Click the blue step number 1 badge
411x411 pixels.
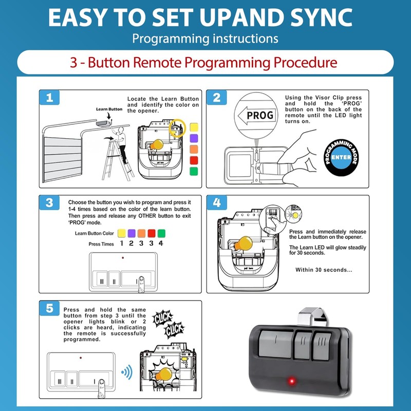pyautogui.click(x=49, y=98)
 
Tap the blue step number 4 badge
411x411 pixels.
pyautogui.click(x=217, y=202)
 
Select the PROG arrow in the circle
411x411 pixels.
pyautogui.click(x=257, y=115)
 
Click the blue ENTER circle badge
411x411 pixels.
pyautogui.click(x=341, y=157)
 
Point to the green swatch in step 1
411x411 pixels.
pyautogui.click(x=194, y=171)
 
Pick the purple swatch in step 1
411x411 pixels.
pyautogui.click(x=194, y=138)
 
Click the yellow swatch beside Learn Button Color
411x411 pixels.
pyautogui.click(x=122, y=233)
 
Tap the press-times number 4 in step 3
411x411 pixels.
pyautogui.click(x=161, y=243)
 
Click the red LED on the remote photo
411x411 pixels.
pyautogui.click(x=291, y=381)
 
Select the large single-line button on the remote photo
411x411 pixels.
pyautogui.click(x=276, y=344)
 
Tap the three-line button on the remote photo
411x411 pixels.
pyautogui.click(x=322, y=345)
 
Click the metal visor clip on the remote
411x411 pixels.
pyautogui.click(x=313, y=317)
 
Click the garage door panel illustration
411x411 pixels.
pyautogui.click(x=62, y=159)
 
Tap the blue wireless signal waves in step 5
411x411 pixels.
pyautogui.click(x=127, y=372)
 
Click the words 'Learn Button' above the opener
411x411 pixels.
pyautogui.click(x=109, y=109)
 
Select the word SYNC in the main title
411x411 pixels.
pyautogui.click(x=322, y=17)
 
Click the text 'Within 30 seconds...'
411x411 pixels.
pyautogui.click(x=324, y=270)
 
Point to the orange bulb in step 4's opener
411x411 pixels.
pyautogui.click(x=244, y=244)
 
